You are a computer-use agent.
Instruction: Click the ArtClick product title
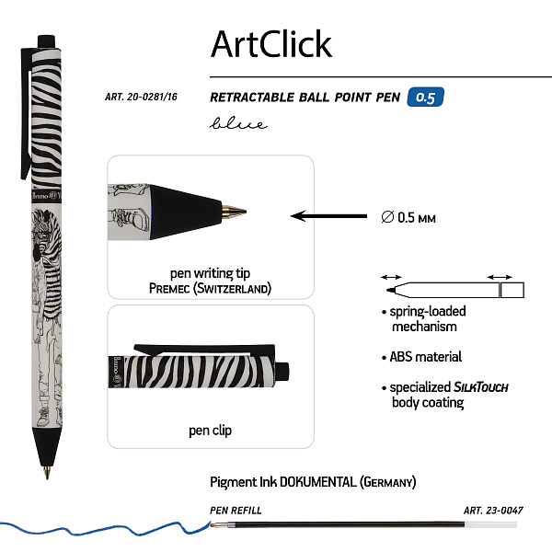(270, 43)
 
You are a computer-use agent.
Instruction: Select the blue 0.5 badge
(421, 96)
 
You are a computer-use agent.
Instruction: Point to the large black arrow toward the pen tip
(327, 217)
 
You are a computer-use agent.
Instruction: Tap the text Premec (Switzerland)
(211, 288)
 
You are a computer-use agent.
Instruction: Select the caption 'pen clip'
(211, 430)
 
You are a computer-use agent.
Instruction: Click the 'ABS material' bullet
(421, 356)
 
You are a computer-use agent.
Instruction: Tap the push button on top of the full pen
(47, 40)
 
